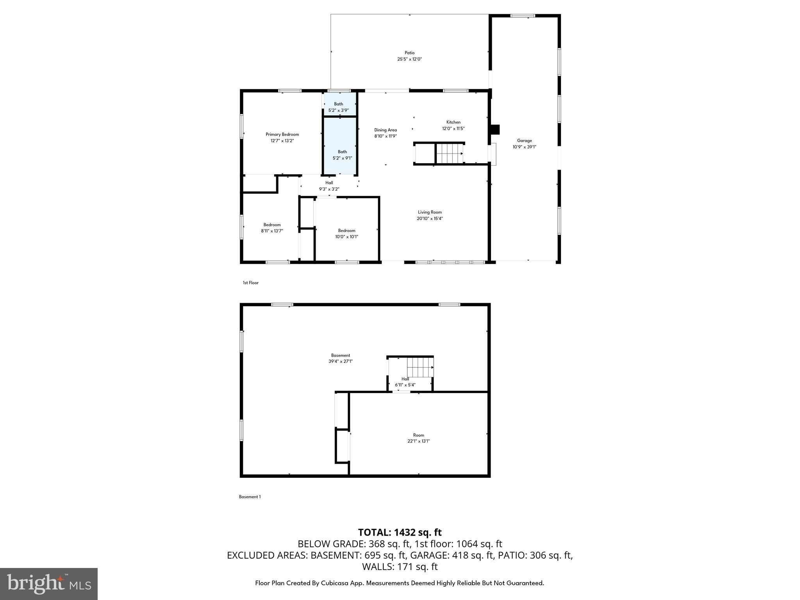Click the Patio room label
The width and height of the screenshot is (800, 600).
coord(409,53)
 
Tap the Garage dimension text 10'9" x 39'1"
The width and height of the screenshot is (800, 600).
coord(524,147)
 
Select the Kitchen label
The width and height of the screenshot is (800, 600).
coord(453,122)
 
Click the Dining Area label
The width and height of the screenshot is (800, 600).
coord(386,130)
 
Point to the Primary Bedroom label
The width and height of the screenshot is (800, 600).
coord(282,134)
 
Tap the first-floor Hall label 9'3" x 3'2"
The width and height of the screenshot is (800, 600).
coord(329,183)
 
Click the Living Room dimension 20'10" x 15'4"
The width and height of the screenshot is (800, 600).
coord(430,219)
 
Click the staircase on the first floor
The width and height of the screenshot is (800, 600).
coord(449,154)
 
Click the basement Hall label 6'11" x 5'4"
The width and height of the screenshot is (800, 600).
coord(405,379)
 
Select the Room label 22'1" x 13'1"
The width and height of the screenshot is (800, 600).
coord(418,435)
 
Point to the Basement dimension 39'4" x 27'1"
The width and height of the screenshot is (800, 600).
coord(340,362)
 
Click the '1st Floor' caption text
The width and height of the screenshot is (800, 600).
coord(251,283)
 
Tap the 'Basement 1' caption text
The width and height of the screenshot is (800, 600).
coord(250,497)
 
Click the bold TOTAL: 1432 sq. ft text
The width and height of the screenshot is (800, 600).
coord(400,532)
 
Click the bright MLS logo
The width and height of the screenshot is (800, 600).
coord(49,584)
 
